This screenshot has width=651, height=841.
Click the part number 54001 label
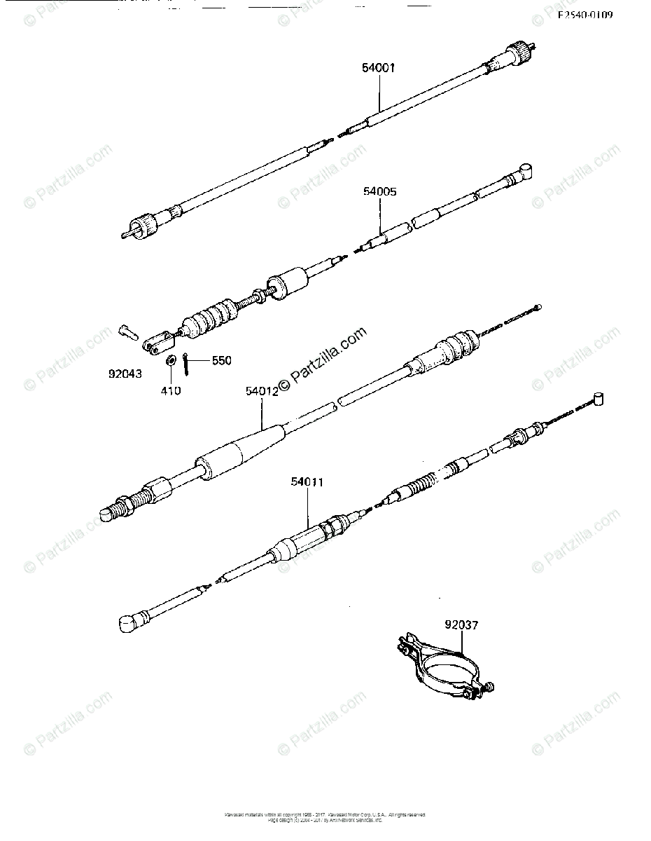pos(379,68)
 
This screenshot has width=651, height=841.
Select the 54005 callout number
pos(379,191)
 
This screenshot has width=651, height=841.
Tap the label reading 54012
pos(262,392)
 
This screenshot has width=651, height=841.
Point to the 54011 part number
pos(309,482)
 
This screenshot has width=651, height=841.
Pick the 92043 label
pos(125,374)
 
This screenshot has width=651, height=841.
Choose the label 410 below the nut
pos(170,390)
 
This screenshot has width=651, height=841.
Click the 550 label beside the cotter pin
pos(221,360)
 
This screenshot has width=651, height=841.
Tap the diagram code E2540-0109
pos(584,15)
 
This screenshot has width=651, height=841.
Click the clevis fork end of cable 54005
pos(157,339)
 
